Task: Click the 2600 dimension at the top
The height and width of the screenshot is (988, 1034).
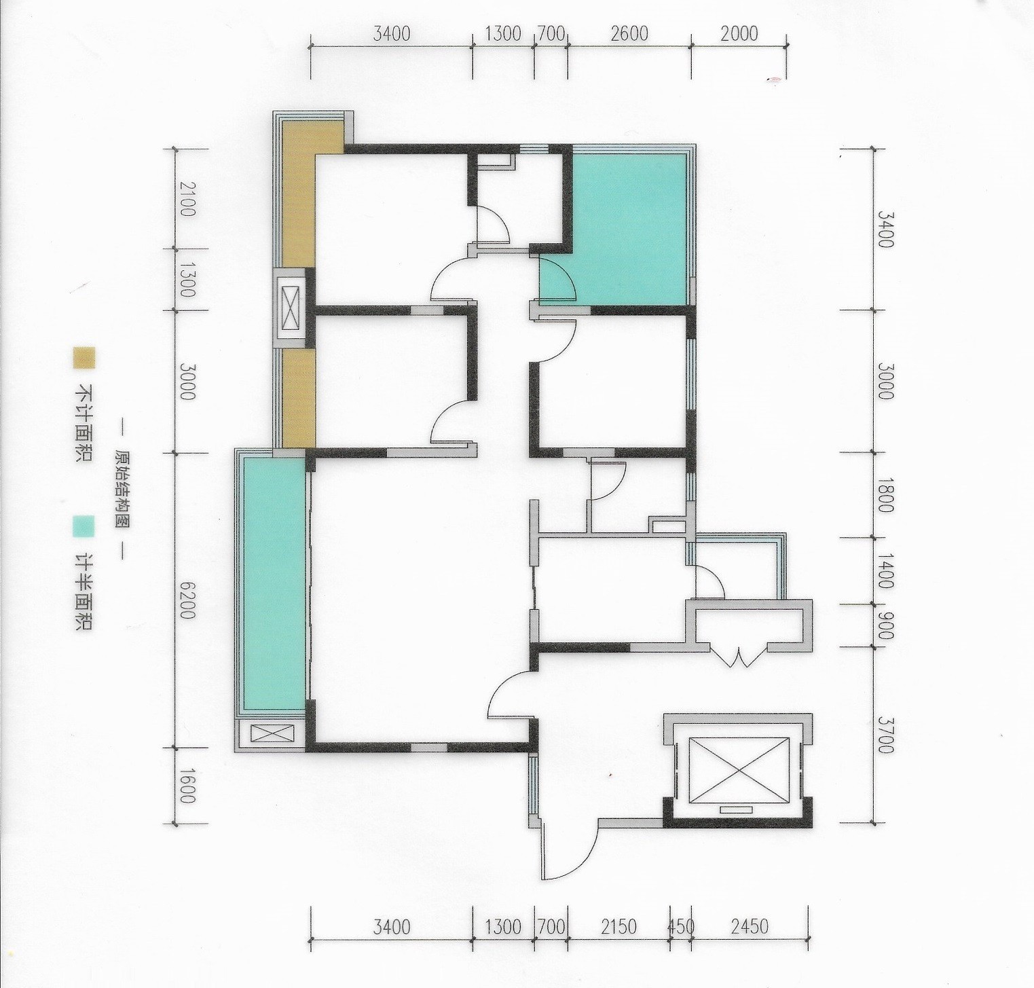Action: click(x=629, y=33)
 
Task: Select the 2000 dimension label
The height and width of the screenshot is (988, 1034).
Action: click(x=739, y=33)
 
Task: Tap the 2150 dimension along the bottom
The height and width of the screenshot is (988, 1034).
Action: click(x=618, y=926)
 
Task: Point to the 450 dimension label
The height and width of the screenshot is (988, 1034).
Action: click(x=681, y=926)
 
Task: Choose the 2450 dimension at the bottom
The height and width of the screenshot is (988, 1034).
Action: click(x=750, y=926)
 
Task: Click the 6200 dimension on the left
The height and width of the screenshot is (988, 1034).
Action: click(x=187, y=600)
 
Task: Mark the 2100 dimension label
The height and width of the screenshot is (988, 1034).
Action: click(x=187, y=198)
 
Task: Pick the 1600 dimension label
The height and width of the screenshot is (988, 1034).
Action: click(x=187, y=784)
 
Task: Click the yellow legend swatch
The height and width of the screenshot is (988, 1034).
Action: click(x=84, y=359)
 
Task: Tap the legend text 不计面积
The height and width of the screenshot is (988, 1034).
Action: click(x=84, y=424)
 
